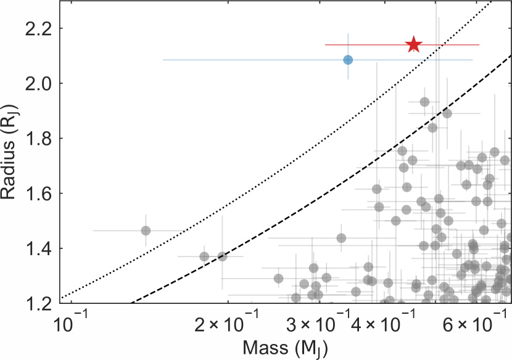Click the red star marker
[413, 44]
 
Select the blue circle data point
[348, 60]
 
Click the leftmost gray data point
[146, 231]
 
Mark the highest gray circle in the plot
[424, 102]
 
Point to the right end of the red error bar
[479, 44]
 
